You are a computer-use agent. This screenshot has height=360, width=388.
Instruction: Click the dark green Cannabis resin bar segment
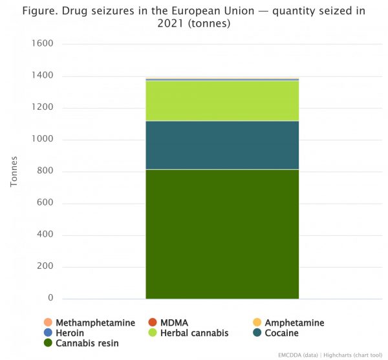(222, 233)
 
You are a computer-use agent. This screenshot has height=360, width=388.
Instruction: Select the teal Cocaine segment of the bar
(222, 145)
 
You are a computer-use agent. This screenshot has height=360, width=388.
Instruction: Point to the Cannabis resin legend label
(87, 343)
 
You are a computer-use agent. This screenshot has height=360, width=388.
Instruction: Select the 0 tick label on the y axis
(49, 299)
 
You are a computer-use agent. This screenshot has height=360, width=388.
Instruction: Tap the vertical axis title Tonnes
(14, 171)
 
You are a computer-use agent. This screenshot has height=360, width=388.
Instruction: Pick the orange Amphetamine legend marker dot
(257, 323)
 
